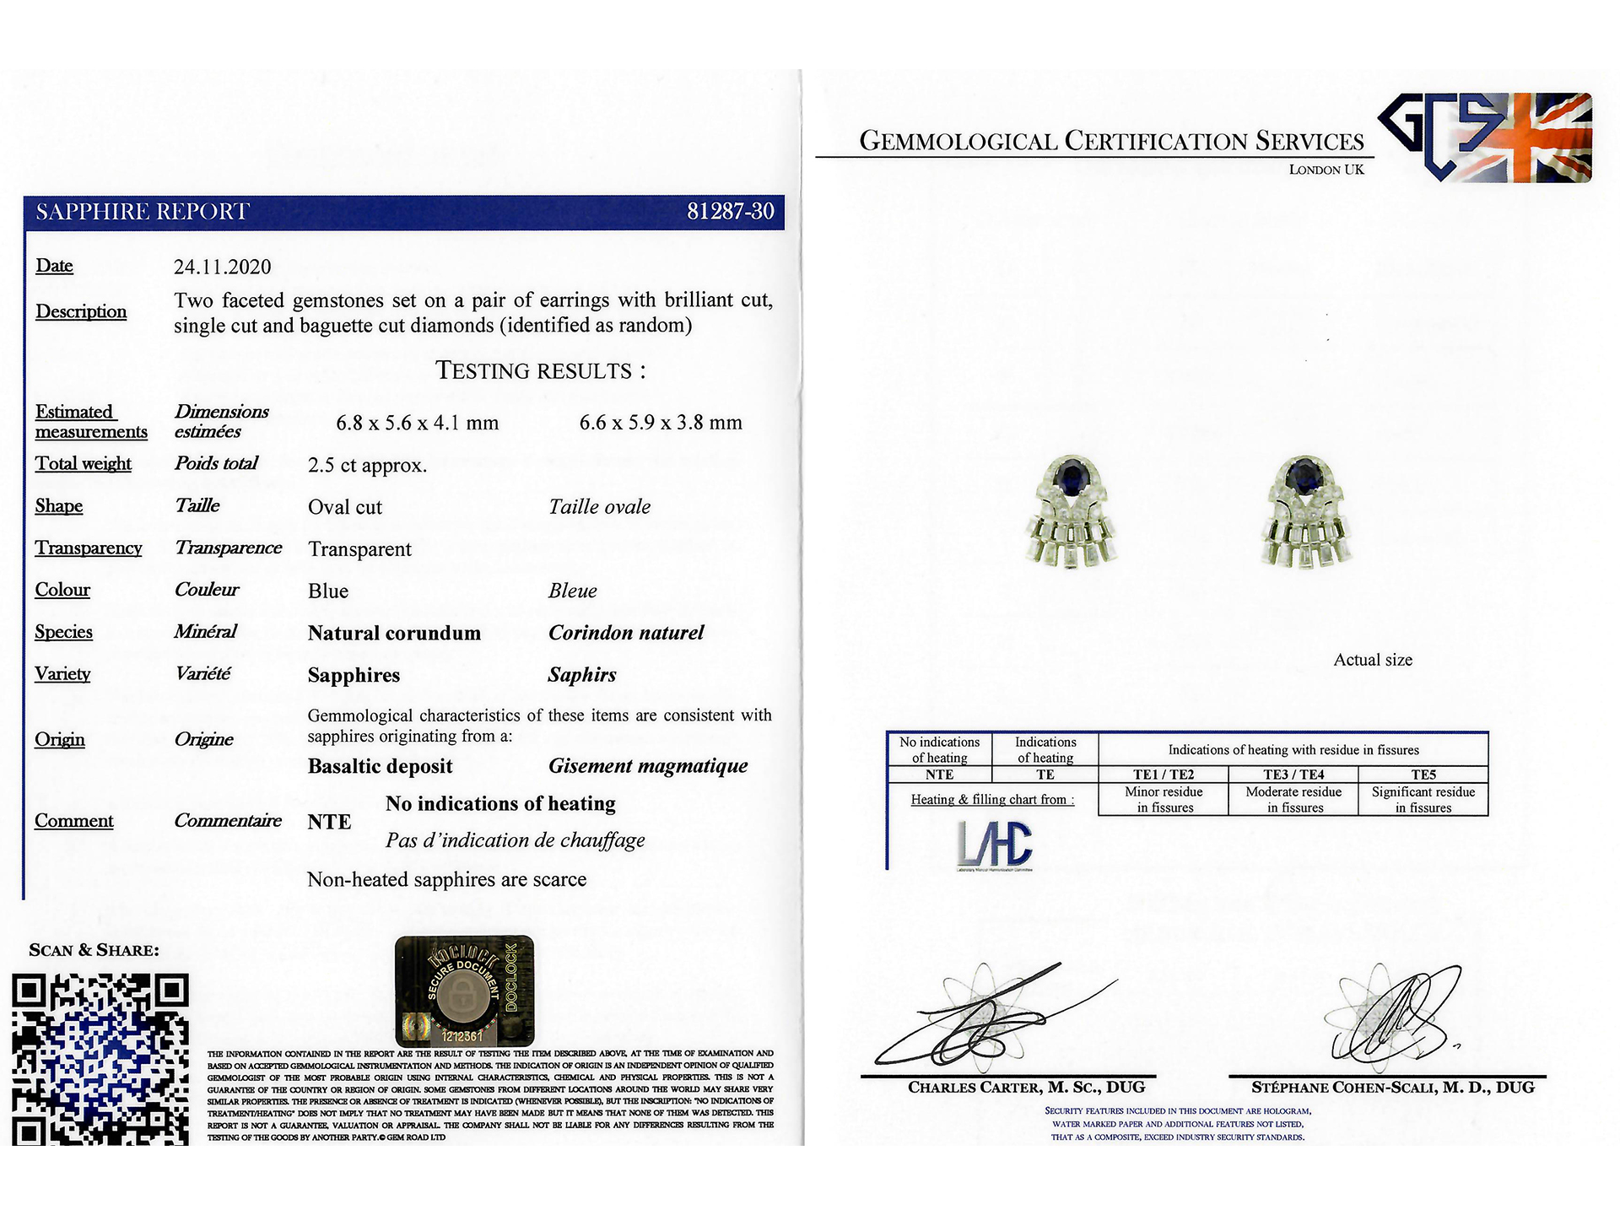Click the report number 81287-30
click(730, 211)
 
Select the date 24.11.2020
click(223, 267)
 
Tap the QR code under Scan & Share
click(100, 1059)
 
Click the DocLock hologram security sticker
click(464, 991)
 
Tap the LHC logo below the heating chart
click(995, 845)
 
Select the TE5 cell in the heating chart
click(1423, 775)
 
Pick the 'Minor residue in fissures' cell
click(1164, 799)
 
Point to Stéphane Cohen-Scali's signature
click(1392, 1017)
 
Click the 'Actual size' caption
click(1373, 660)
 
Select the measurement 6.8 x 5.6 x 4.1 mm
click(418, 423)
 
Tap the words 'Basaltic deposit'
click(381, 766)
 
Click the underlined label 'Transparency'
click(89, 548)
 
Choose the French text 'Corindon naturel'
click(626, 633)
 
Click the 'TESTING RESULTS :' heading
click(541, 370)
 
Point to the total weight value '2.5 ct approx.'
click(368, 465)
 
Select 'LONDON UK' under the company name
click(1326, 170)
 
